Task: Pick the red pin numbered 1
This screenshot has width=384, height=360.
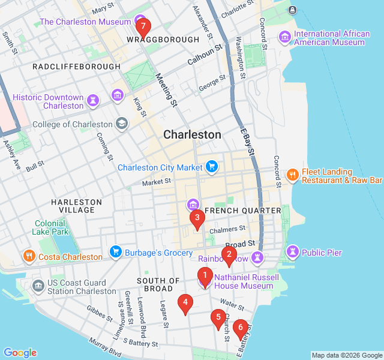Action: tap(205, 276)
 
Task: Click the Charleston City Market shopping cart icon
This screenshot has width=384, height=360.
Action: tap(211, 167)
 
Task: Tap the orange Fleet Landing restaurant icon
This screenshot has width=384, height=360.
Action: tap(293, 175)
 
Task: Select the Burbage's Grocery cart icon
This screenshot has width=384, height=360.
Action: tap(116, 253)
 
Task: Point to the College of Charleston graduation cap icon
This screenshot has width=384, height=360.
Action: tap(122, 124)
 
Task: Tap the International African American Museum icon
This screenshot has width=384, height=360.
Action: tap(284, 38)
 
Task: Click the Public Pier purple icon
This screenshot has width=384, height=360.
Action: tap(293, 253)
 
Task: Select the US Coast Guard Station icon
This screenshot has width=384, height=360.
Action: tap(38, 287)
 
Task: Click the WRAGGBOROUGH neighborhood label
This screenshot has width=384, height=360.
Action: tap(163, 40)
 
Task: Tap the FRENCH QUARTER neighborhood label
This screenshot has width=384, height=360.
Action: tap(243, 211)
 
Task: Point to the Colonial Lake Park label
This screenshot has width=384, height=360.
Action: tap(52, 227)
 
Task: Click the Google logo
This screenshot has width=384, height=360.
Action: tap(20, 353)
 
